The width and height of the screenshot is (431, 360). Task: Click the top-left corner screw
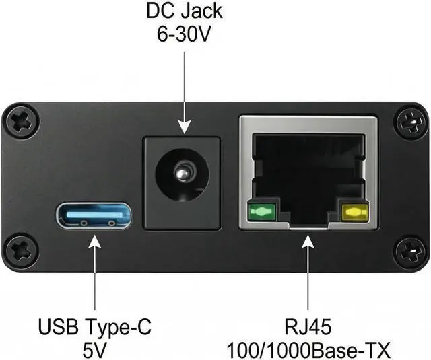pyautogui.click(x=20, y=121)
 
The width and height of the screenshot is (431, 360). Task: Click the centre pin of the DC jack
pyautogui.click(x=181, y=174)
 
